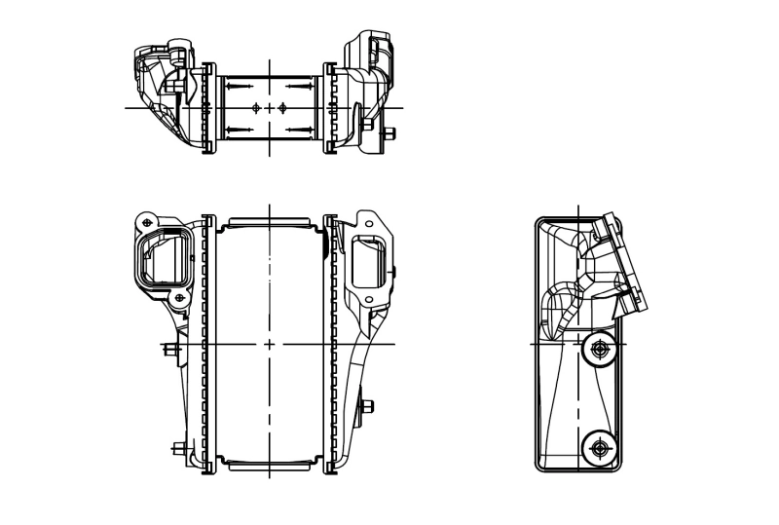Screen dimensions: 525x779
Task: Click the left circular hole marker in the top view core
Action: pyautogui.click(x=255, y=107)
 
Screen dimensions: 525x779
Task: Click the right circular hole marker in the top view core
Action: pyautogui.click(x=282, y=107)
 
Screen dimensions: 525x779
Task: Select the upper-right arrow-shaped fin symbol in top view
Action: pyautogui.click(x=298, y=87)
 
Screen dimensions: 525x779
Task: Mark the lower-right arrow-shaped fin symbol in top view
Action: pyautogui.click(x=298, y=129)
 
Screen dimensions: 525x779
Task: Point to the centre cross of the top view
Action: pyautogui.click(x=269, y=107)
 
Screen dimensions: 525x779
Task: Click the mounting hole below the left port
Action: pyautogui.click(x=179, y=297)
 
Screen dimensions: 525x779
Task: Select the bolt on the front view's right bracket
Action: pyautogui.click(x=368, y=406)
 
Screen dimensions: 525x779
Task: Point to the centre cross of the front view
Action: pyautogui.click(x=269, y=345)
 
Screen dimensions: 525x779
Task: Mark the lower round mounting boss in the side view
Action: pyautogui.click(x=597, y=447)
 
